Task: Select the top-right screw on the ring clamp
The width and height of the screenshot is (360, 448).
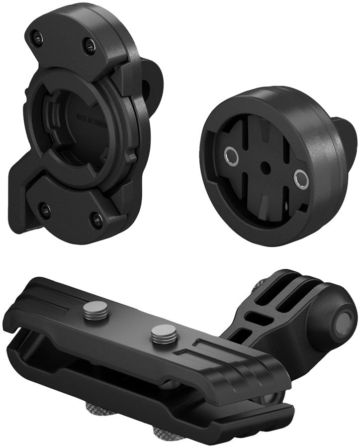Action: (89, 46)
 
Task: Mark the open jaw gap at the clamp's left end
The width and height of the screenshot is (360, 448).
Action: (20, 338)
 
